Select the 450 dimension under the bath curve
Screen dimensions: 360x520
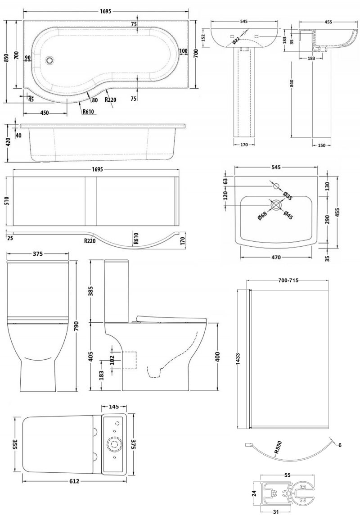point(45,113)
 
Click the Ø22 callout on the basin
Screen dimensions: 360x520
point(236,41)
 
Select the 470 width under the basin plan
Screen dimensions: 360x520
point(276,258)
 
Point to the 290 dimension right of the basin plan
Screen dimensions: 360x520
point(328,220)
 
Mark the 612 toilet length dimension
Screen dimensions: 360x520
point(75,481)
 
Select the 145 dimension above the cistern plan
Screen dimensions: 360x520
point(113,406)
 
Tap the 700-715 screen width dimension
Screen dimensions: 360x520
point(288,280)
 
